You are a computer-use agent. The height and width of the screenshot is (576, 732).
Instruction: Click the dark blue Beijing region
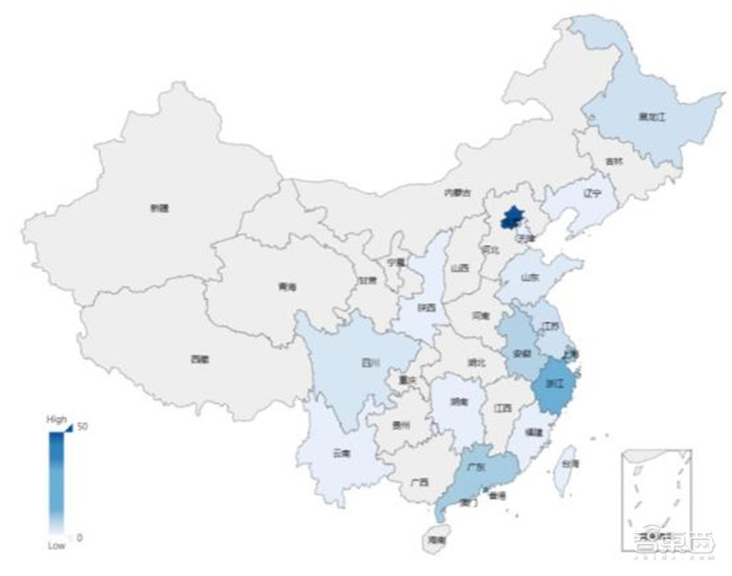(x=512, y=218)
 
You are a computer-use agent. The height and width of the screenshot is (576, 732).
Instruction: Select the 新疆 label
(x=159, y=208)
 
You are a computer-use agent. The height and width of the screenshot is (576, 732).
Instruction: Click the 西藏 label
(x=199, y=359)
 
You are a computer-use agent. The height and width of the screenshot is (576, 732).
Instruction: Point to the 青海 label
(x=287, y=287)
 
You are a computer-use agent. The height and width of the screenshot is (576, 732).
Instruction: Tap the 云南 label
(x=340, y=453)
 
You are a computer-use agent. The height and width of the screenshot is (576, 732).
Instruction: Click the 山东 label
(x=531, y=276)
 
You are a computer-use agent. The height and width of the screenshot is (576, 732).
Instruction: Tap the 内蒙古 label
(x=457, y=193)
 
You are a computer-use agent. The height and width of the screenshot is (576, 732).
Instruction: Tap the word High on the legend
(x=57, y=419)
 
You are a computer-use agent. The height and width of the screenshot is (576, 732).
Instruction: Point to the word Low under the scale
(x=57, y=546)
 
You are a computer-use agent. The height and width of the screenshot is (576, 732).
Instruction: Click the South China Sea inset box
(x=655, y=498)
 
